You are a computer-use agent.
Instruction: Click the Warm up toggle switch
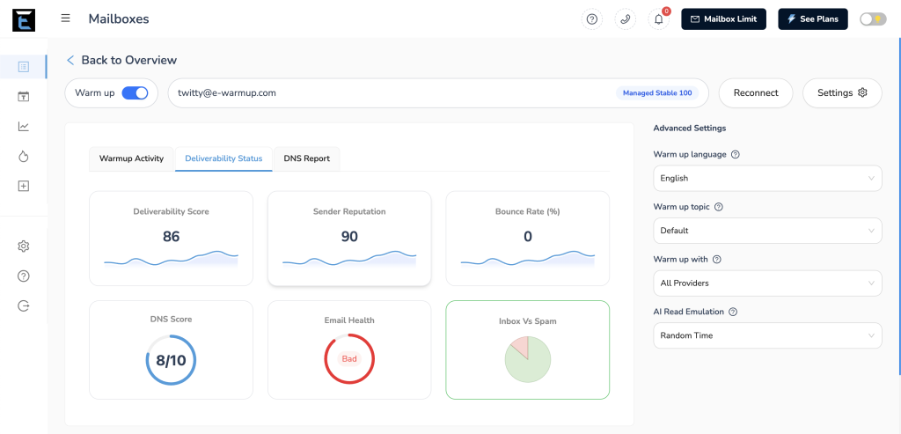pos(135,92)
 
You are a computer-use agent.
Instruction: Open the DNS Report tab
pos(306,158)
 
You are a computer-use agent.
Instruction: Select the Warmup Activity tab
pos(131,158)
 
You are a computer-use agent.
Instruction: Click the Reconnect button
pos(755,92)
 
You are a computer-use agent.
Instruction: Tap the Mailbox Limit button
pos(723,18)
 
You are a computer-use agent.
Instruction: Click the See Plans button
pos(812,18)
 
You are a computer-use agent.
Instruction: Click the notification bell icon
pos(658,19)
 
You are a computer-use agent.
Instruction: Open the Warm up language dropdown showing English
pos(766,178)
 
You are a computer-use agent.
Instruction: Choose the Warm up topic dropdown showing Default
pos(766,231)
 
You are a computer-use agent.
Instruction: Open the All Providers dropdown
pos(766,283)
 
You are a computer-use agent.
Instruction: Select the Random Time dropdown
pos(766,335)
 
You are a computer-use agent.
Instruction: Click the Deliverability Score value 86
pos(171,236)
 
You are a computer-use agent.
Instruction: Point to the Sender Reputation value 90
pos(349,236)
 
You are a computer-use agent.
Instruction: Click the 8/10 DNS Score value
pos(171,360)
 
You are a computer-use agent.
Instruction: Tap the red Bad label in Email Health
pos(349,359)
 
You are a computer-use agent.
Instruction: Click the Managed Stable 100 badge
pos(657,92)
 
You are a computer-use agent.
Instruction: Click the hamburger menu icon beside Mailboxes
pos(66,18)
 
